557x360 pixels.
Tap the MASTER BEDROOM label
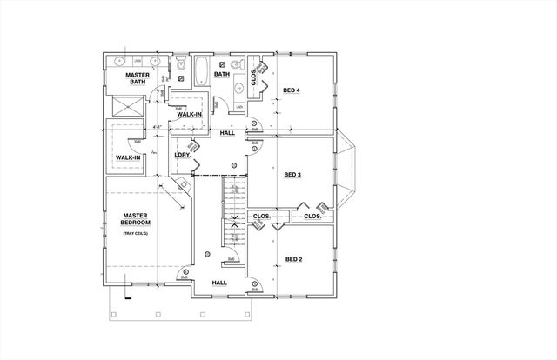coord(136,219)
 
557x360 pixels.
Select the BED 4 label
coord(292,90)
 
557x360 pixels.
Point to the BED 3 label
coord(292,174)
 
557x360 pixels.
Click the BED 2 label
coord(292,258)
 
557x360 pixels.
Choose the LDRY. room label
coord(181,155)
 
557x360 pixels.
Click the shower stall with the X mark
coord(127,107)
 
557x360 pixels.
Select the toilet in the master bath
coord(180,66)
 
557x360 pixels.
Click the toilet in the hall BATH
coord(235,65)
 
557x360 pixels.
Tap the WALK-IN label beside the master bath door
coord(190,114)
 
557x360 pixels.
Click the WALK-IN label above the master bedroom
coord(127,157)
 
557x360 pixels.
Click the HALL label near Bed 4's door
coord(227,133)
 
